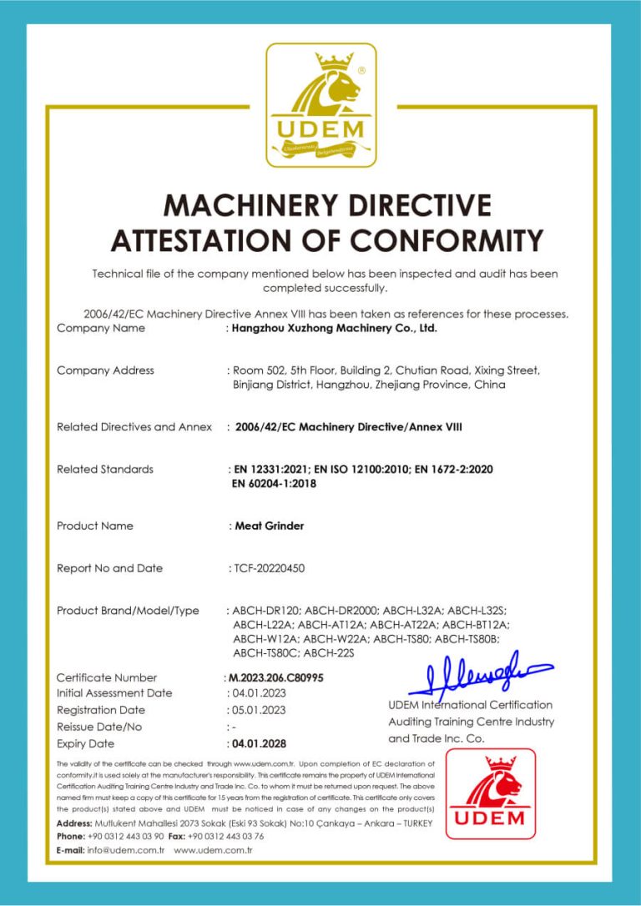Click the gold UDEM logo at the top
point(320,104)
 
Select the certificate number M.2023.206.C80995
point(275,677)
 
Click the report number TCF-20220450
point(269,568)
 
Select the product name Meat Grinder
point(269,526)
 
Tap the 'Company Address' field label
point(105,370)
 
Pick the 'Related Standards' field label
point(105,469)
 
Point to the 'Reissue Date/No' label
point(99,727)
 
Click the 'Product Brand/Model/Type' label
point(128,611)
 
